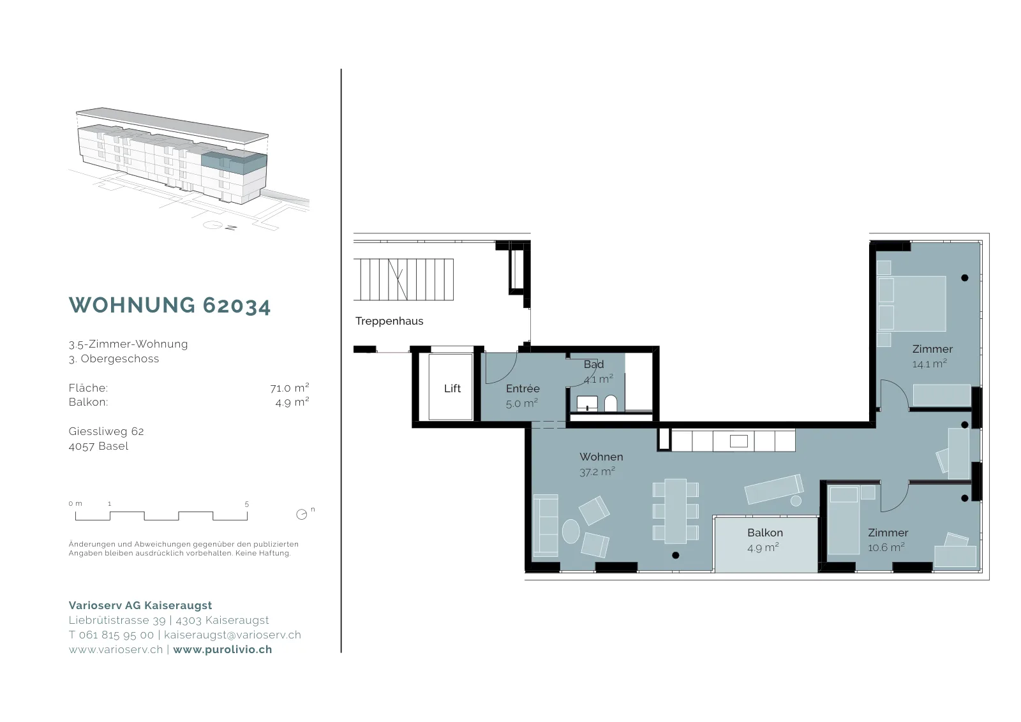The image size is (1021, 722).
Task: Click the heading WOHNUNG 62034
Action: coord(170,306)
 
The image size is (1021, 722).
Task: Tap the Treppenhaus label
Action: coord(389,321)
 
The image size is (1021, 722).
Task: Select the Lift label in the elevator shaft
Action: coord(452,388)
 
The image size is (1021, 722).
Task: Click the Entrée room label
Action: coord(523,388)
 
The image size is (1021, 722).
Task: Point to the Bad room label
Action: coord(593,364)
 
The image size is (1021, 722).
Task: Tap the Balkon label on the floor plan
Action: coord(765,533)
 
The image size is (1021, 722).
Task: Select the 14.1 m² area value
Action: coord(929,364)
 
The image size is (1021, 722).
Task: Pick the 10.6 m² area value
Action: coord(886,547)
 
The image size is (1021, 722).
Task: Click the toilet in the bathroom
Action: coord(610,403)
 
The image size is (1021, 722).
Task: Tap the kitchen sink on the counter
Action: coord(738,441)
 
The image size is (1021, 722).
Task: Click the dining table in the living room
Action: coord(676,511)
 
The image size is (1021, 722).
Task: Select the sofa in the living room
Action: coord(545,525)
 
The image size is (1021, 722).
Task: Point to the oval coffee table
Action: coord(570,531)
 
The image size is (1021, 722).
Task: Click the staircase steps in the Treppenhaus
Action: coord(403,279)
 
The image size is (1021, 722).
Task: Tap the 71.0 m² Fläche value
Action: coord(290,388)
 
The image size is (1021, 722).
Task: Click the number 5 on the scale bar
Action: coord(246,504)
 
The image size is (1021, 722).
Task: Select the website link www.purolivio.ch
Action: coord(223,649)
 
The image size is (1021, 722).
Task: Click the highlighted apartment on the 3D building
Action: coord(234,163)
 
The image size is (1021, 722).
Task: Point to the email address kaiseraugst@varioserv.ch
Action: coord(232,635)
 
